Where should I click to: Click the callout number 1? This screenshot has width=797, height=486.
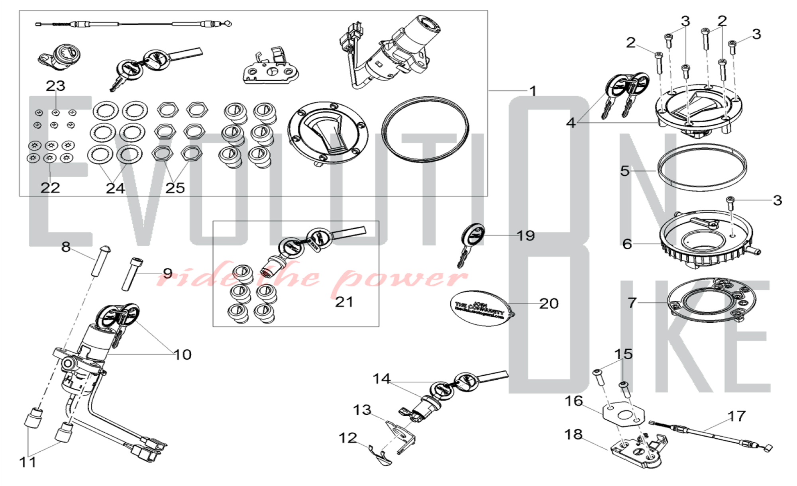[x=533, y=91]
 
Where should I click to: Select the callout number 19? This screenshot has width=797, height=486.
[x=526, y=236]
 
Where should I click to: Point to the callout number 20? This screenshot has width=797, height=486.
[x=549, y=304]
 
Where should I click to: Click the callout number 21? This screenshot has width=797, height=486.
[x=344, y=302]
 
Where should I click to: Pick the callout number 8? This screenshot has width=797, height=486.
[x=66, y=247]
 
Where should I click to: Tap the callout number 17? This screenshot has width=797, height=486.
[x=736, y=416]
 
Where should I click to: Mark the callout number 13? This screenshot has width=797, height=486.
[x=362, y=410]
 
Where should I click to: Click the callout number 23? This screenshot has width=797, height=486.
[x=55, y=85]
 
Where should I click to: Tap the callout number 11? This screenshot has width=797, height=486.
[x=27, y=462]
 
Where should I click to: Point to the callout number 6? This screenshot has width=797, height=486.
[x=627, y=244]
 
